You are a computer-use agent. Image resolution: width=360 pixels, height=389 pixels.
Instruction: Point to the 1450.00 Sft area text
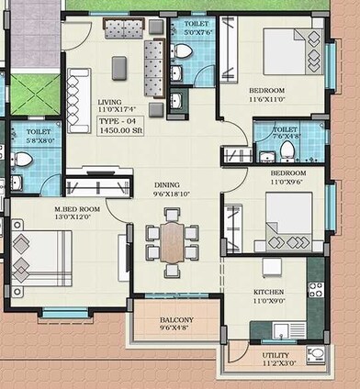tap(119, 130)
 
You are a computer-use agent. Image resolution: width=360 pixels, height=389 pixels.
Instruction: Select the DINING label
tap(166, 184)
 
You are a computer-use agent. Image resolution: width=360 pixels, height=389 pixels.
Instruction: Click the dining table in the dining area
tap(171, 240)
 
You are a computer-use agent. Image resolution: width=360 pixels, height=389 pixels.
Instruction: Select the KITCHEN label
tap(269, 292)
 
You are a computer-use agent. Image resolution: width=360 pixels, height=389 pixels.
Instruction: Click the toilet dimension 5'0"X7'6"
tap(196, 30)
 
